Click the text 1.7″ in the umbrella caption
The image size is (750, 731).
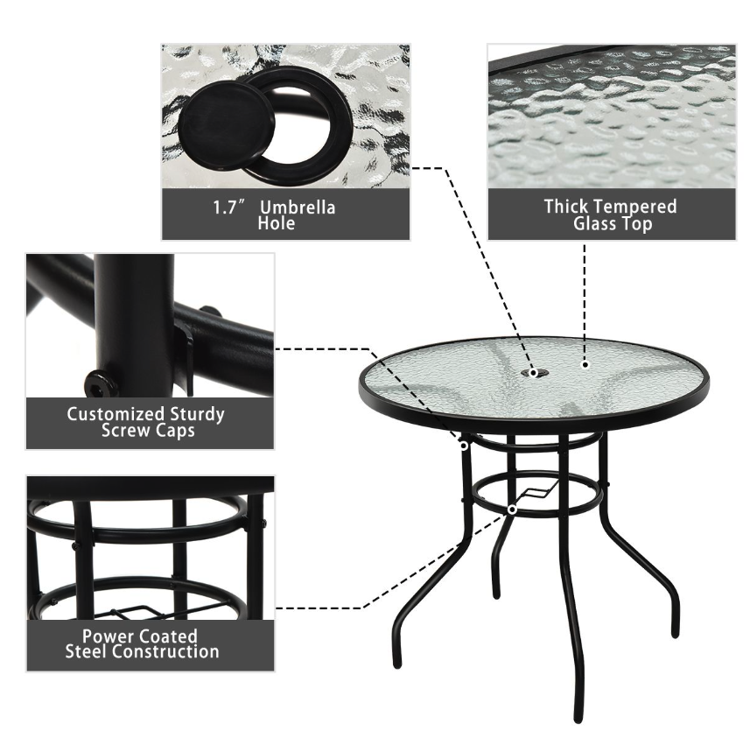click(228, 208)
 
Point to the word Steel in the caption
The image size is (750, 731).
click(90, 651)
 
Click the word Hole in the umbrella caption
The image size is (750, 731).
click(276, 224)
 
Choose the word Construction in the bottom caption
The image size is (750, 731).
click(165, 651)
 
